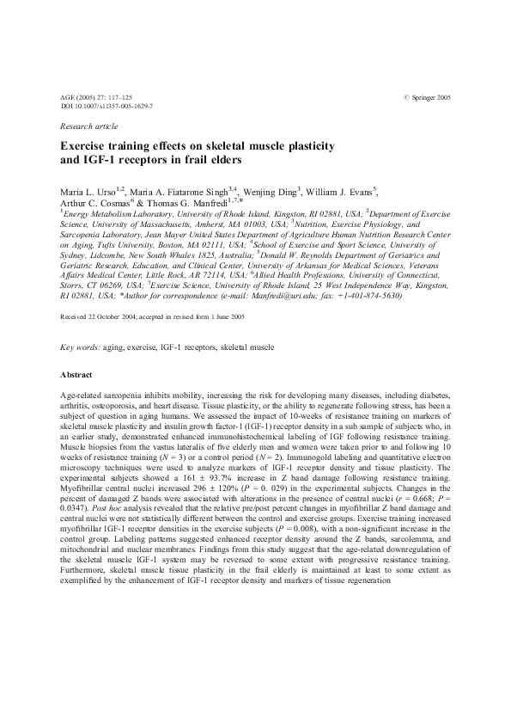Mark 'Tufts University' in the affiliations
(113, 243)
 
